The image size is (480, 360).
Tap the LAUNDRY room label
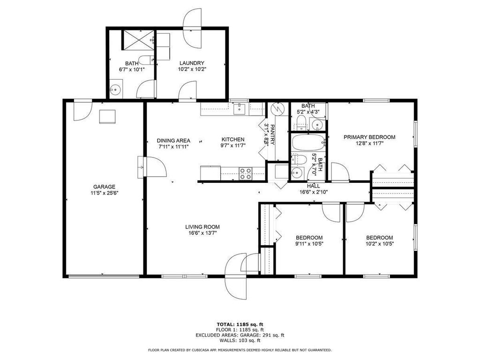pos(192,63)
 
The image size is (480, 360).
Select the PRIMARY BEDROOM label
pos(369,137)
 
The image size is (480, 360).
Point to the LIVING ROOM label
pos(202,227)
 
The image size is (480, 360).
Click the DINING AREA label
pos(173,141)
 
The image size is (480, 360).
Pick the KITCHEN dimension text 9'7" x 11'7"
pos(233,146)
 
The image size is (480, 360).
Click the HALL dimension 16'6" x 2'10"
pos(314,192)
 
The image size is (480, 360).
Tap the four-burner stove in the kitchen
pos(246,173)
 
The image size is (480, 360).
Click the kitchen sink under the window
pos(239,109)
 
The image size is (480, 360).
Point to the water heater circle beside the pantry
pos(278,108)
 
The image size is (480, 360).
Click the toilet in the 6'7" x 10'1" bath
pos(146,60)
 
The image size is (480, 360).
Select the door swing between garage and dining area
pos(155,166)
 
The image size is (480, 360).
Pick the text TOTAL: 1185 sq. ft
pos(240,324)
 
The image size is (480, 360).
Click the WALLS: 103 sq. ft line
pos(240,340)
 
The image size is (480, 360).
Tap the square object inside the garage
pos(107,117)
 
